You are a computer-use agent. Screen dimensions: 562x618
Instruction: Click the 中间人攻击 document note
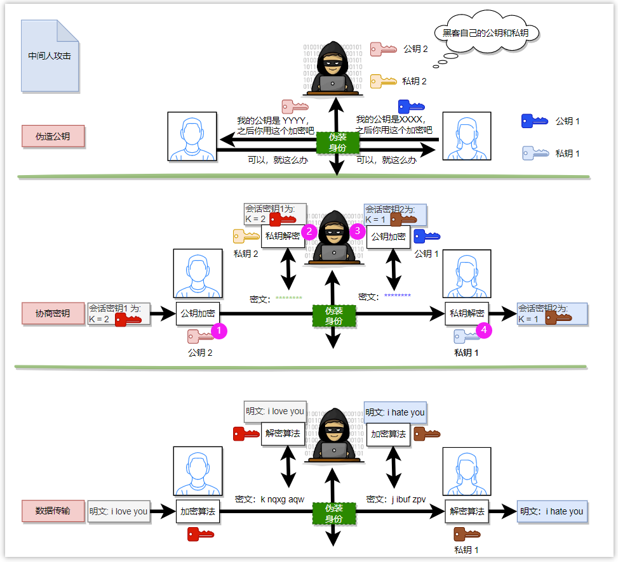coord(50,56)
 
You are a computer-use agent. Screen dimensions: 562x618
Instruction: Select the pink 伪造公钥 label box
coord(53,136)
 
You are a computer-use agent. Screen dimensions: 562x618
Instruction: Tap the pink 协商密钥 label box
coord(53,313)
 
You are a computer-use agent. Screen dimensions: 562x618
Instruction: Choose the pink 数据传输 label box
coord(53,511)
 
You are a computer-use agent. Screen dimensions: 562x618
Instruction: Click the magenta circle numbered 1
coord(218,330)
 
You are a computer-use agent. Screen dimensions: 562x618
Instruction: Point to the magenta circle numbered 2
coord(309,232)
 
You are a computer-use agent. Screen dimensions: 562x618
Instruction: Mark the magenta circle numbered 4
coord(485,330)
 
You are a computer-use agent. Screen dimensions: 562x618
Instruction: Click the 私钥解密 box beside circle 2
coord(283,237)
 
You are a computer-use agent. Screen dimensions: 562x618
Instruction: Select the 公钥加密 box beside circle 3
coord(387,237)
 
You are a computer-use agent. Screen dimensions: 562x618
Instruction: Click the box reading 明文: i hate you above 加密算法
coord(395,412)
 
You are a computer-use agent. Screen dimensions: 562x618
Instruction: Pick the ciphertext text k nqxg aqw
coord(283,499)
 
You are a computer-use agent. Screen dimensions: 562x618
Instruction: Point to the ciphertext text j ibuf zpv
coord(408,499)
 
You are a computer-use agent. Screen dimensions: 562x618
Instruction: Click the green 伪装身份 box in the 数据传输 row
coord(334,513)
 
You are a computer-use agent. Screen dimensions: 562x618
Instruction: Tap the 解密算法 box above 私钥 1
coord(467,511)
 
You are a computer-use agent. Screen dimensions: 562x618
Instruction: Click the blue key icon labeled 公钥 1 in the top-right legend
coord(534,121)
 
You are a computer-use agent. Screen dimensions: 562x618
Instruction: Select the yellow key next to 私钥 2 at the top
coord(384,81)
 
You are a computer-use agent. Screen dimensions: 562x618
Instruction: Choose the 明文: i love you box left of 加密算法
coord(118,511)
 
